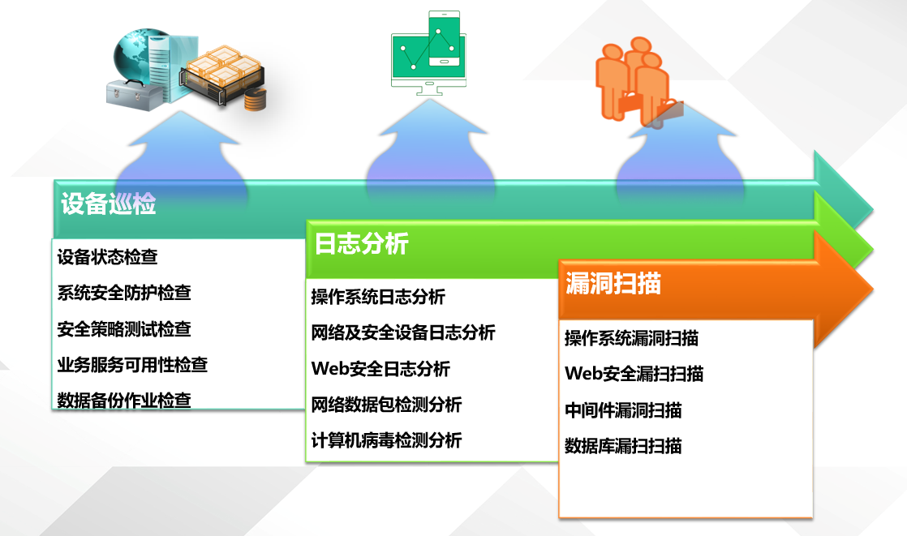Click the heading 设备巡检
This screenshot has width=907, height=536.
pos(108,204)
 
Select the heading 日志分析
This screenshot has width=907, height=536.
pos(362,243)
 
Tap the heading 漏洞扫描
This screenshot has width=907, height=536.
pos(613,283)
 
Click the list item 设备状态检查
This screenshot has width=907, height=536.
pos(108,257)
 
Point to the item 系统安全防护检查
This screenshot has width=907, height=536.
pos(124,293)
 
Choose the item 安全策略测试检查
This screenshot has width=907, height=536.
pos(124,329)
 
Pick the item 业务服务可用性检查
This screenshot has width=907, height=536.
pos(132,365)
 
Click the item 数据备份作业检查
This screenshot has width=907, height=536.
pos(124,400)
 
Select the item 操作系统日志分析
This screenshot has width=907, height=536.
pos(378,297)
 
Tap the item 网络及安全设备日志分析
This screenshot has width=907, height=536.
pos(403,332)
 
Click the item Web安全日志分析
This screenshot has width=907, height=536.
pos(380,368)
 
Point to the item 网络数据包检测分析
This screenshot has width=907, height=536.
pos(386,404)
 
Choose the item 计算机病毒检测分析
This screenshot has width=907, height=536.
pos(386,440)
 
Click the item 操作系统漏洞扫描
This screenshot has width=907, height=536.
pos(632,337)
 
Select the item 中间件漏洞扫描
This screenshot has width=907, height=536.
pos(624,410)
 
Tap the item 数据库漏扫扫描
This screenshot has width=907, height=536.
pos(624,446)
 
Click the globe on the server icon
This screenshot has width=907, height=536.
pos(132,56)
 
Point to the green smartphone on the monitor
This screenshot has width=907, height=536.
pos(445,39)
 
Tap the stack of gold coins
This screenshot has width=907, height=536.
pos(255,100)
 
